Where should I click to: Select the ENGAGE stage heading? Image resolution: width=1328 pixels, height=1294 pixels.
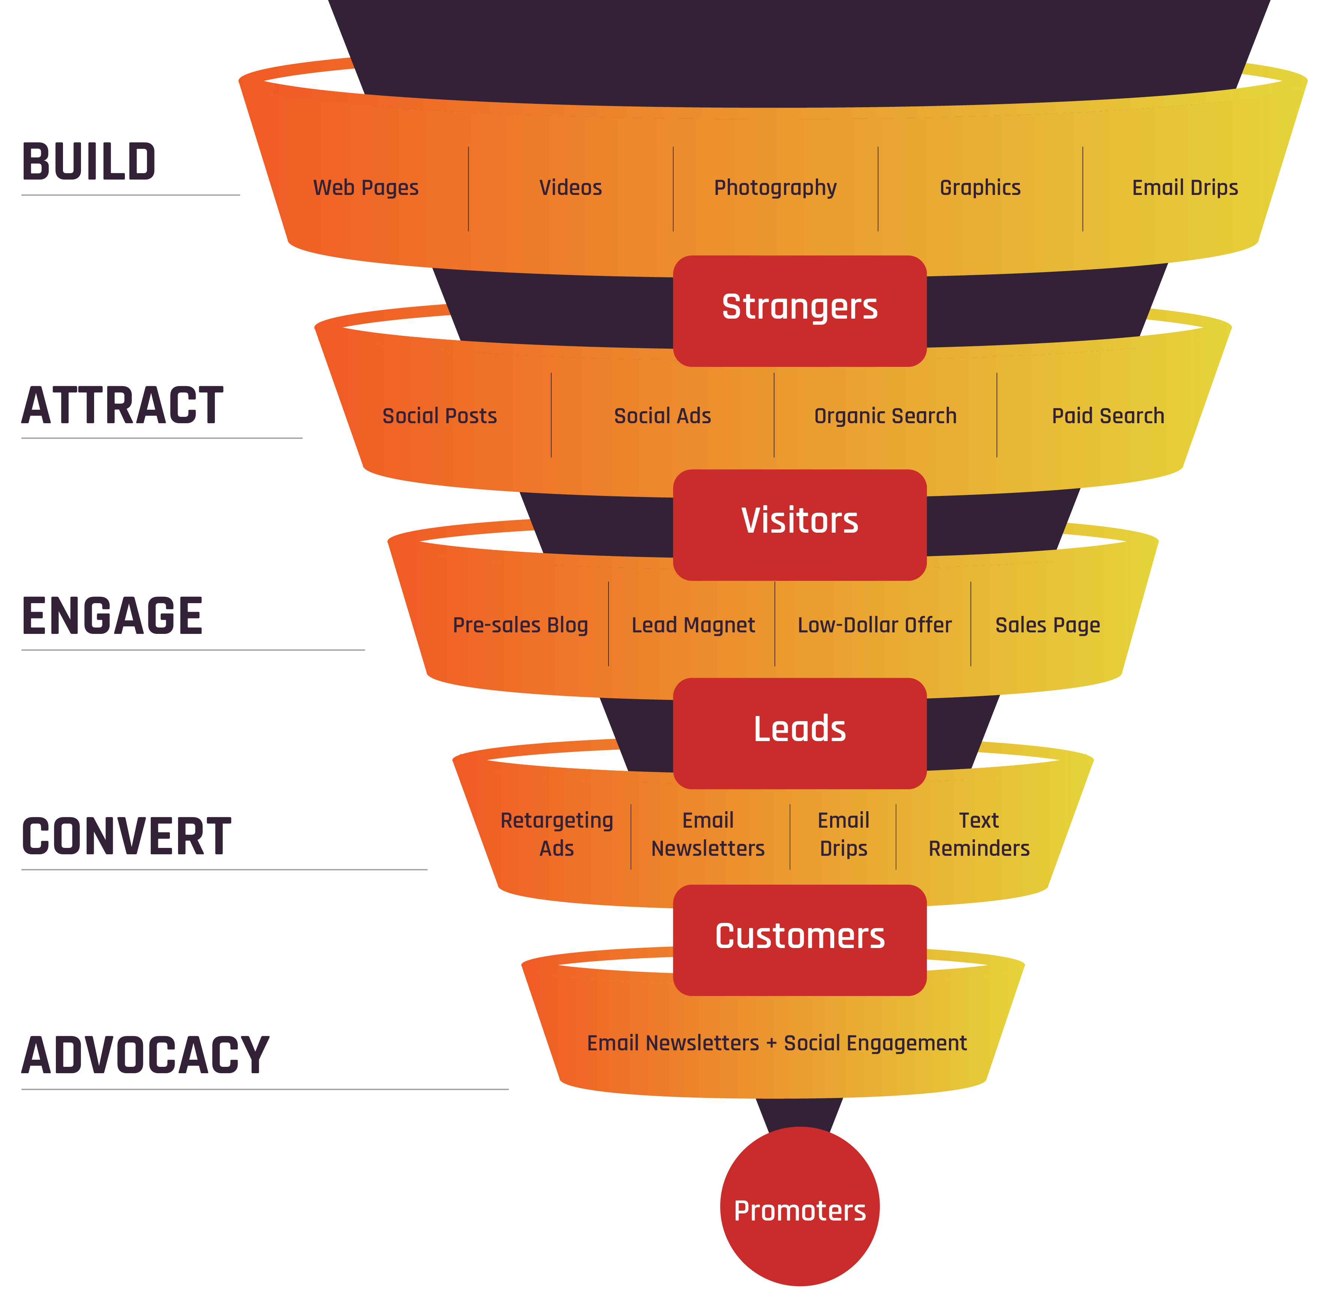[x=112, y=616]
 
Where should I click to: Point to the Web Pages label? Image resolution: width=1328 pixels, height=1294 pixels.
[x=366, y=187]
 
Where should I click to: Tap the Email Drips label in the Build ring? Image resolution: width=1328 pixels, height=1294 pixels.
[x=1185, y=187]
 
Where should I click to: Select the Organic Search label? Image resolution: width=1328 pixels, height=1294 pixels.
[x=885, y=416]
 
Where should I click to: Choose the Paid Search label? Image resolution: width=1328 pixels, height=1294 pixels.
[x=1108, y=416]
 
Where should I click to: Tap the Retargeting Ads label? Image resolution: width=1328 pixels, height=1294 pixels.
[x=557, y=834]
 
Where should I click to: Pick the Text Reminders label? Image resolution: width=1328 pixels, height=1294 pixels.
[x=979, y=834]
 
